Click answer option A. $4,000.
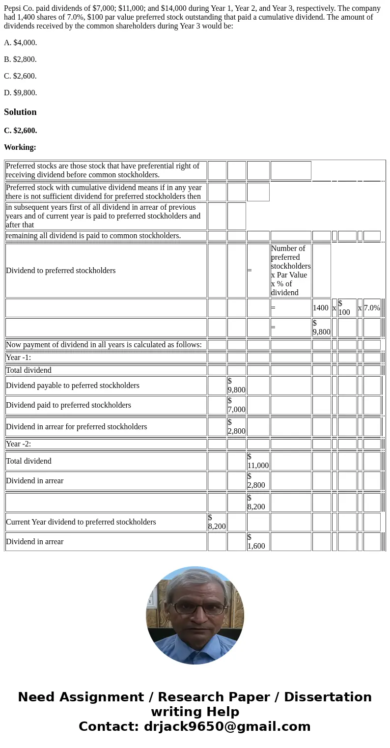(21, 43)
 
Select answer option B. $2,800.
(20, 59)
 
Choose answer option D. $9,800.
(21, 93)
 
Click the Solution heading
(20, 112)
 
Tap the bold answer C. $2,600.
(21, 131)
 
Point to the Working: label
(20, 147)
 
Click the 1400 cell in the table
(321, 308)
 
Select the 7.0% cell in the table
(372, 308)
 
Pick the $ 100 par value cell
(346, 308)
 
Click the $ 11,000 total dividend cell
(258, 461)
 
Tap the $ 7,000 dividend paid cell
(236, 405)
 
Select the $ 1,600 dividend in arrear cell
(258, 542)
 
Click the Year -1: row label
(19, 358)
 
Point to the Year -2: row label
(19, 444)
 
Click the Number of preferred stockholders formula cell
(290, 270)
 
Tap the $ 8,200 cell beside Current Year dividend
(217, 522)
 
